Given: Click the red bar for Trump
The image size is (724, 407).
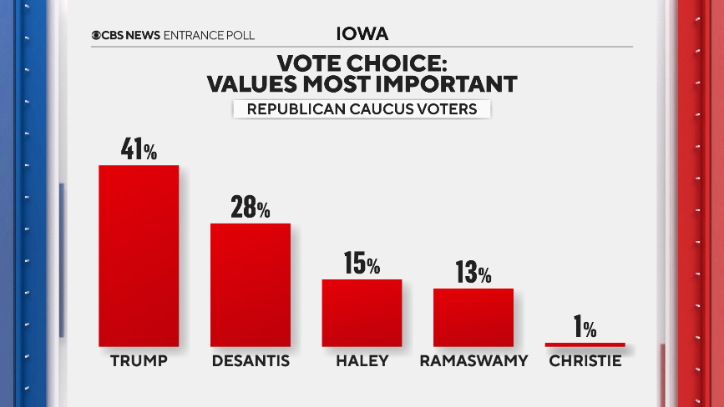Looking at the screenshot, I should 139,255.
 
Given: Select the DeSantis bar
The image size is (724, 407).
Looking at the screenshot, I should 250,284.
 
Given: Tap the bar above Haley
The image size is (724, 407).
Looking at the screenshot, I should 362,312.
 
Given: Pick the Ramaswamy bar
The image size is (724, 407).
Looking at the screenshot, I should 473,317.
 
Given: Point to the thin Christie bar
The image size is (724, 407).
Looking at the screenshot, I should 585,344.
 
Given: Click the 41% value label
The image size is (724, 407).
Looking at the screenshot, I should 139,150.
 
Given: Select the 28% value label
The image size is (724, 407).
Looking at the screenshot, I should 250,208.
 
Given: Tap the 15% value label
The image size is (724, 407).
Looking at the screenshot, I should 362,264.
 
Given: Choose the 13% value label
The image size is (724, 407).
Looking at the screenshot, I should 473,273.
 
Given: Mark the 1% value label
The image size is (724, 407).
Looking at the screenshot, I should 585,328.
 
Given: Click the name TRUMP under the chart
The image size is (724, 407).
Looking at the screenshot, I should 139,361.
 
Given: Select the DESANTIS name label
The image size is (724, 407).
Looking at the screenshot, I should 250,361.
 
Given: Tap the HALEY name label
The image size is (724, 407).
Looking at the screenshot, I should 362,361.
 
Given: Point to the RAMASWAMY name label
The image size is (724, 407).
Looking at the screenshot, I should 473,361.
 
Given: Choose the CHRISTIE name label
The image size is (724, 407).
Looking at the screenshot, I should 585,361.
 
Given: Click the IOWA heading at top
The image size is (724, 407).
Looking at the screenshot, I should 362,34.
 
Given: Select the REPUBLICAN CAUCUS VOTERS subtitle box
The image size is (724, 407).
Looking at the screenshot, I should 361,108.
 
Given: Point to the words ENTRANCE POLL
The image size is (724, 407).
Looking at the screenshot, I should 210,35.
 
